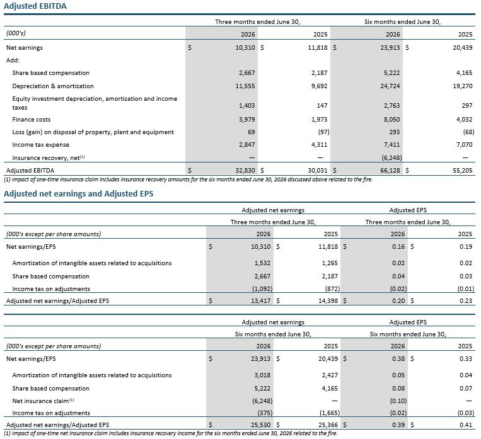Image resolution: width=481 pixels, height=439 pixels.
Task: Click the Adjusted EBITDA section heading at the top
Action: (35, 6)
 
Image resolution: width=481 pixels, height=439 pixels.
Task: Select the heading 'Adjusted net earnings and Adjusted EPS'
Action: (79, 194)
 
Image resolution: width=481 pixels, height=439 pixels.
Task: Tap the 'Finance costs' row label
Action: (32, 120)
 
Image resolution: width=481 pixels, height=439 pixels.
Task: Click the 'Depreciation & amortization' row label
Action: (53, 86)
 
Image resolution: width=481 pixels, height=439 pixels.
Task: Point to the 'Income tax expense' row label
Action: (40, 145)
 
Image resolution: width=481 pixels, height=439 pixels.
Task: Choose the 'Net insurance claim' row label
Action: (43, 401)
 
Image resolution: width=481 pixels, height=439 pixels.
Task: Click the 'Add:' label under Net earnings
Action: (13, 60)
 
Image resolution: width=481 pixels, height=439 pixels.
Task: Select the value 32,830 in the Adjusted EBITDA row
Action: (245, 171)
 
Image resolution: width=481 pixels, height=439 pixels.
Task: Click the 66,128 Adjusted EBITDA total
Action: (390, 171)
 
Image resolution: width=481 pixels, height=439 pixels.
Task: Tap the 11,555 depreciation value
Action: (245, 86)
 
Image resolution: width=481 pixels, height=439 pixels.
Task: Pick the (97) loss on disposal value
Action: (323, 132)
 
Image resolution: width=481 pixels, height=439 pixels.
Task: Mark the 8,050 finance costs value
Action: (391, 120)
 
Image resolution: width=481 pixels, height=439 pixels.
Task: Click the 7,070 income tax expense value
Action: (465, 145)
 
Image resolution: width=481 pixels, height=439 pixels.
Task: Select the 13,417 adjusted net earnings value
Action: (261, 300)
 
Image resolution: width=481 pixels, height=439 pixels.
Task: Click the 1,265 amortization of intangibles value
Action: (330, 263)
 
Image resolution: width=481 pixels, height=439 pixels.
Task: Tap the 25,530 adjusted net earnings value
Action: (261, 425)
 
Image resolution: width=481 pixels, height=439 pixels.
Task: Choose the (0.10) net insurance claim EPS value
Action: (398, 401)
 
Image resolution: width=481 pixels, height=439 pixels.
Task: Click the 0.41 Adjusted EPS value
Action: (466, 425)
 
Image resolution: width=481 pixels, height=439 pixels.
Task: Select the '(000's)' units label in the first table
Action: (16, 33)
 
